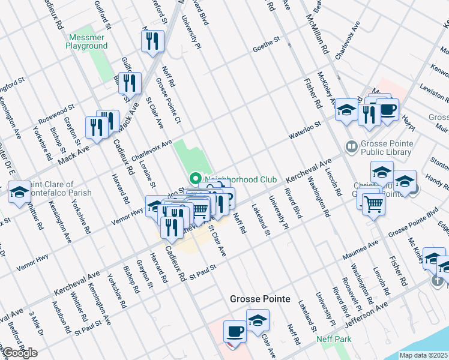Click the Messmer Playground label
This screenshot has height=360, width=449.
tap(86, 41)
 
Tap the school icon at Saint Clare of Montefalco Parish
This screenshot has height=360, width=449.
tap(19, 192)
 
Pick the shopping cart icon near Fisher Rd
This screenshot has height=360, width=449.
tap(373, 204)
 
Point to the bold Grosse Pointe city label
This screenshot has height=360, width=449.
tap(260, 299)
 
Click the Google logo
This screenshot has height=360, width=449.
tap(20, 353)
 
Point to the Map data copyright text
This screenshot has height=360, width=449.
tap(424, 355)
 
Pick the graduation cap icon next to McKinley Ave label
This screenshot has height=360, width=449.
tap(346, 110)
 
